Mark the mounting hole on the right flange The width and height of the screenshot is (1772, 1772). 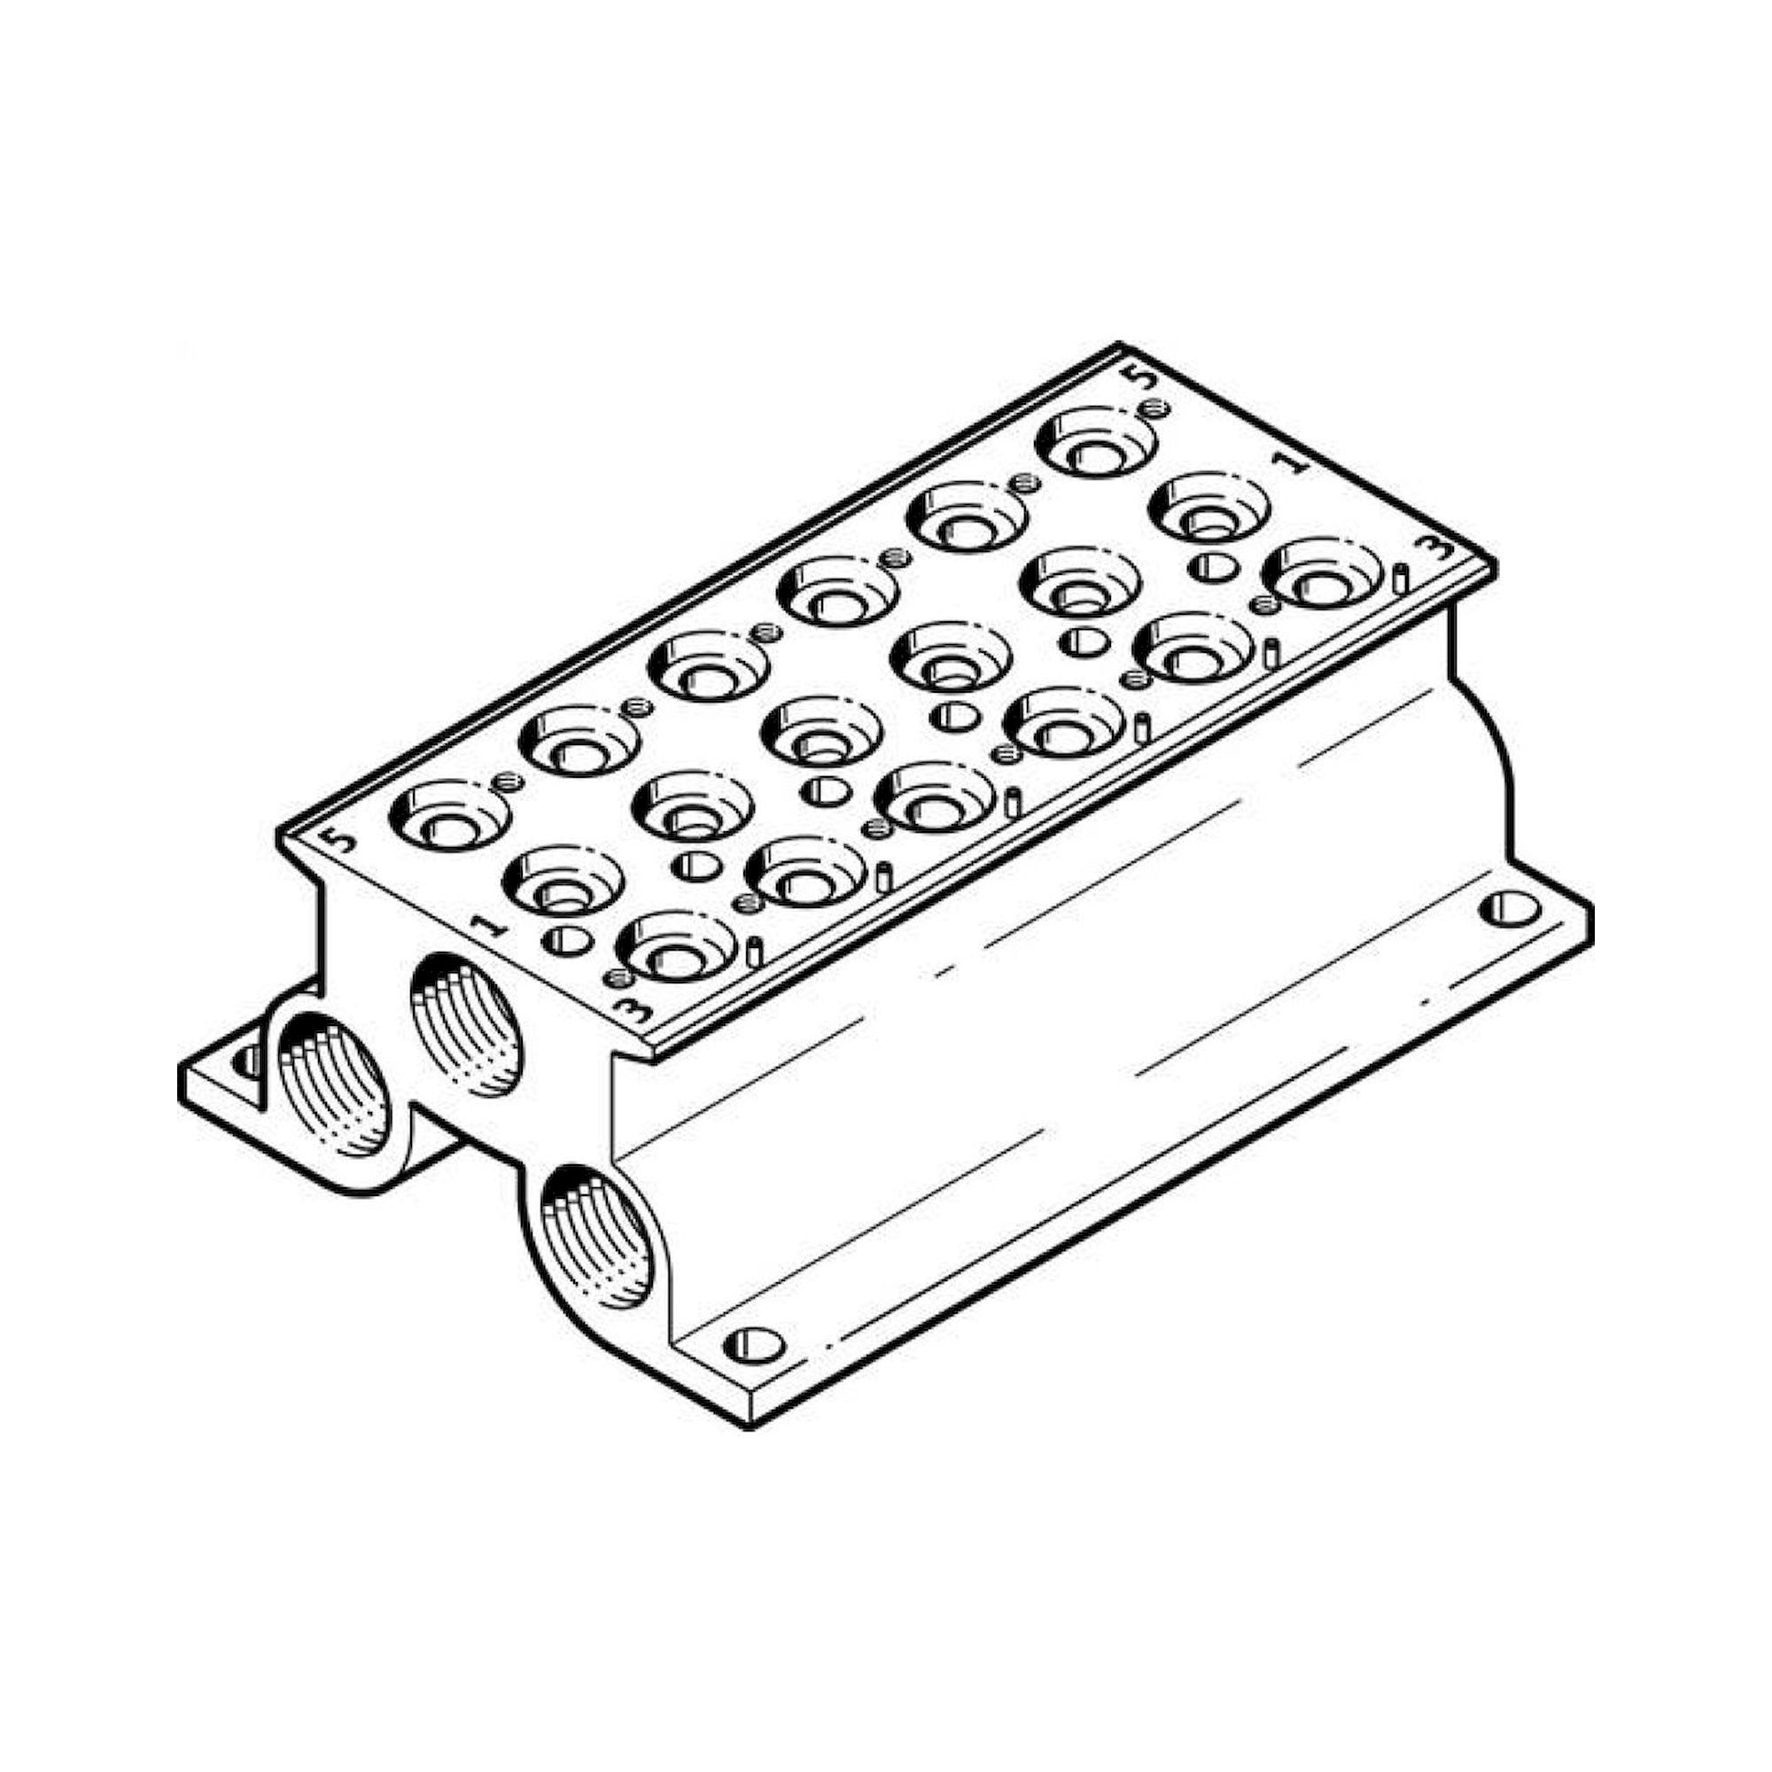click(1509, 909)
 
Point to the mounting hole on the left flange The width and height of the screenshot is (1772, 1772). click(245, 1062)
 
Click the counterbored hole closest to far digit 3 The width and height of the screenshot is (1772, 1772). click(1321, 576)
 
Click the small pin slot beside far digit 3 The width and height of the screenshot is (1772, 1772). click(1401, 578)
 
